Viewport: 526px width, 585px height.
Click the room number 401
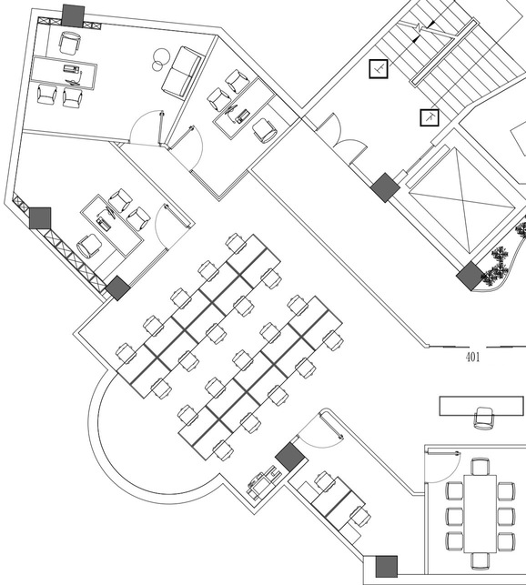click(472, 357)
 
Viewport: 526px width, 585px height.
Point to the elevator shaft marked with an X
click(461, 201)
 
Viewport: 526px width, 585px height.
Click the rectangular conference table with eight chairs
click(480, 513)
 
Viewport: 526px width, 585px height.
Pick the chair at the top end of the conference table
click(480, 467)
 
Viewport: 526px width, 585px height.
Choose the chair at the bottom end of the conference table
click(480, 560)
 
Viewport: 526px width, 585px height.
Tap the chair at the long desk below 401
click(484, 419)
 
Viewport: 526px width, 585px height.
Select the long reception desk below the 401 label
click(481, 406)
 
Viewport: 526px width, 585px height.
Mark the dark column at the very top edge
click(73, 15)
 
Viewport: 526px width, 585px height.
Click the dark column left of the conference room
click(387, 566)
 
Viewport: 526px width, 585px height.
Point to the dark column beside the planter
click(470, 276)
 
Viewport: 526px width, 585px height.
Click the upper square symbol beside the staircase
click(379, 68)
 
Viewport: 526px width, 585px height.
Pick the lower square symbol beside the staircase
click(430, 117)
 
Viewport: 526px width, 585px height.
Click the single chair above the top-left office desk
click(69, 43)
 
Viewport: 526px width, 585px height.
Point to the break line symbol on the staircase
click(420, 27)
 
